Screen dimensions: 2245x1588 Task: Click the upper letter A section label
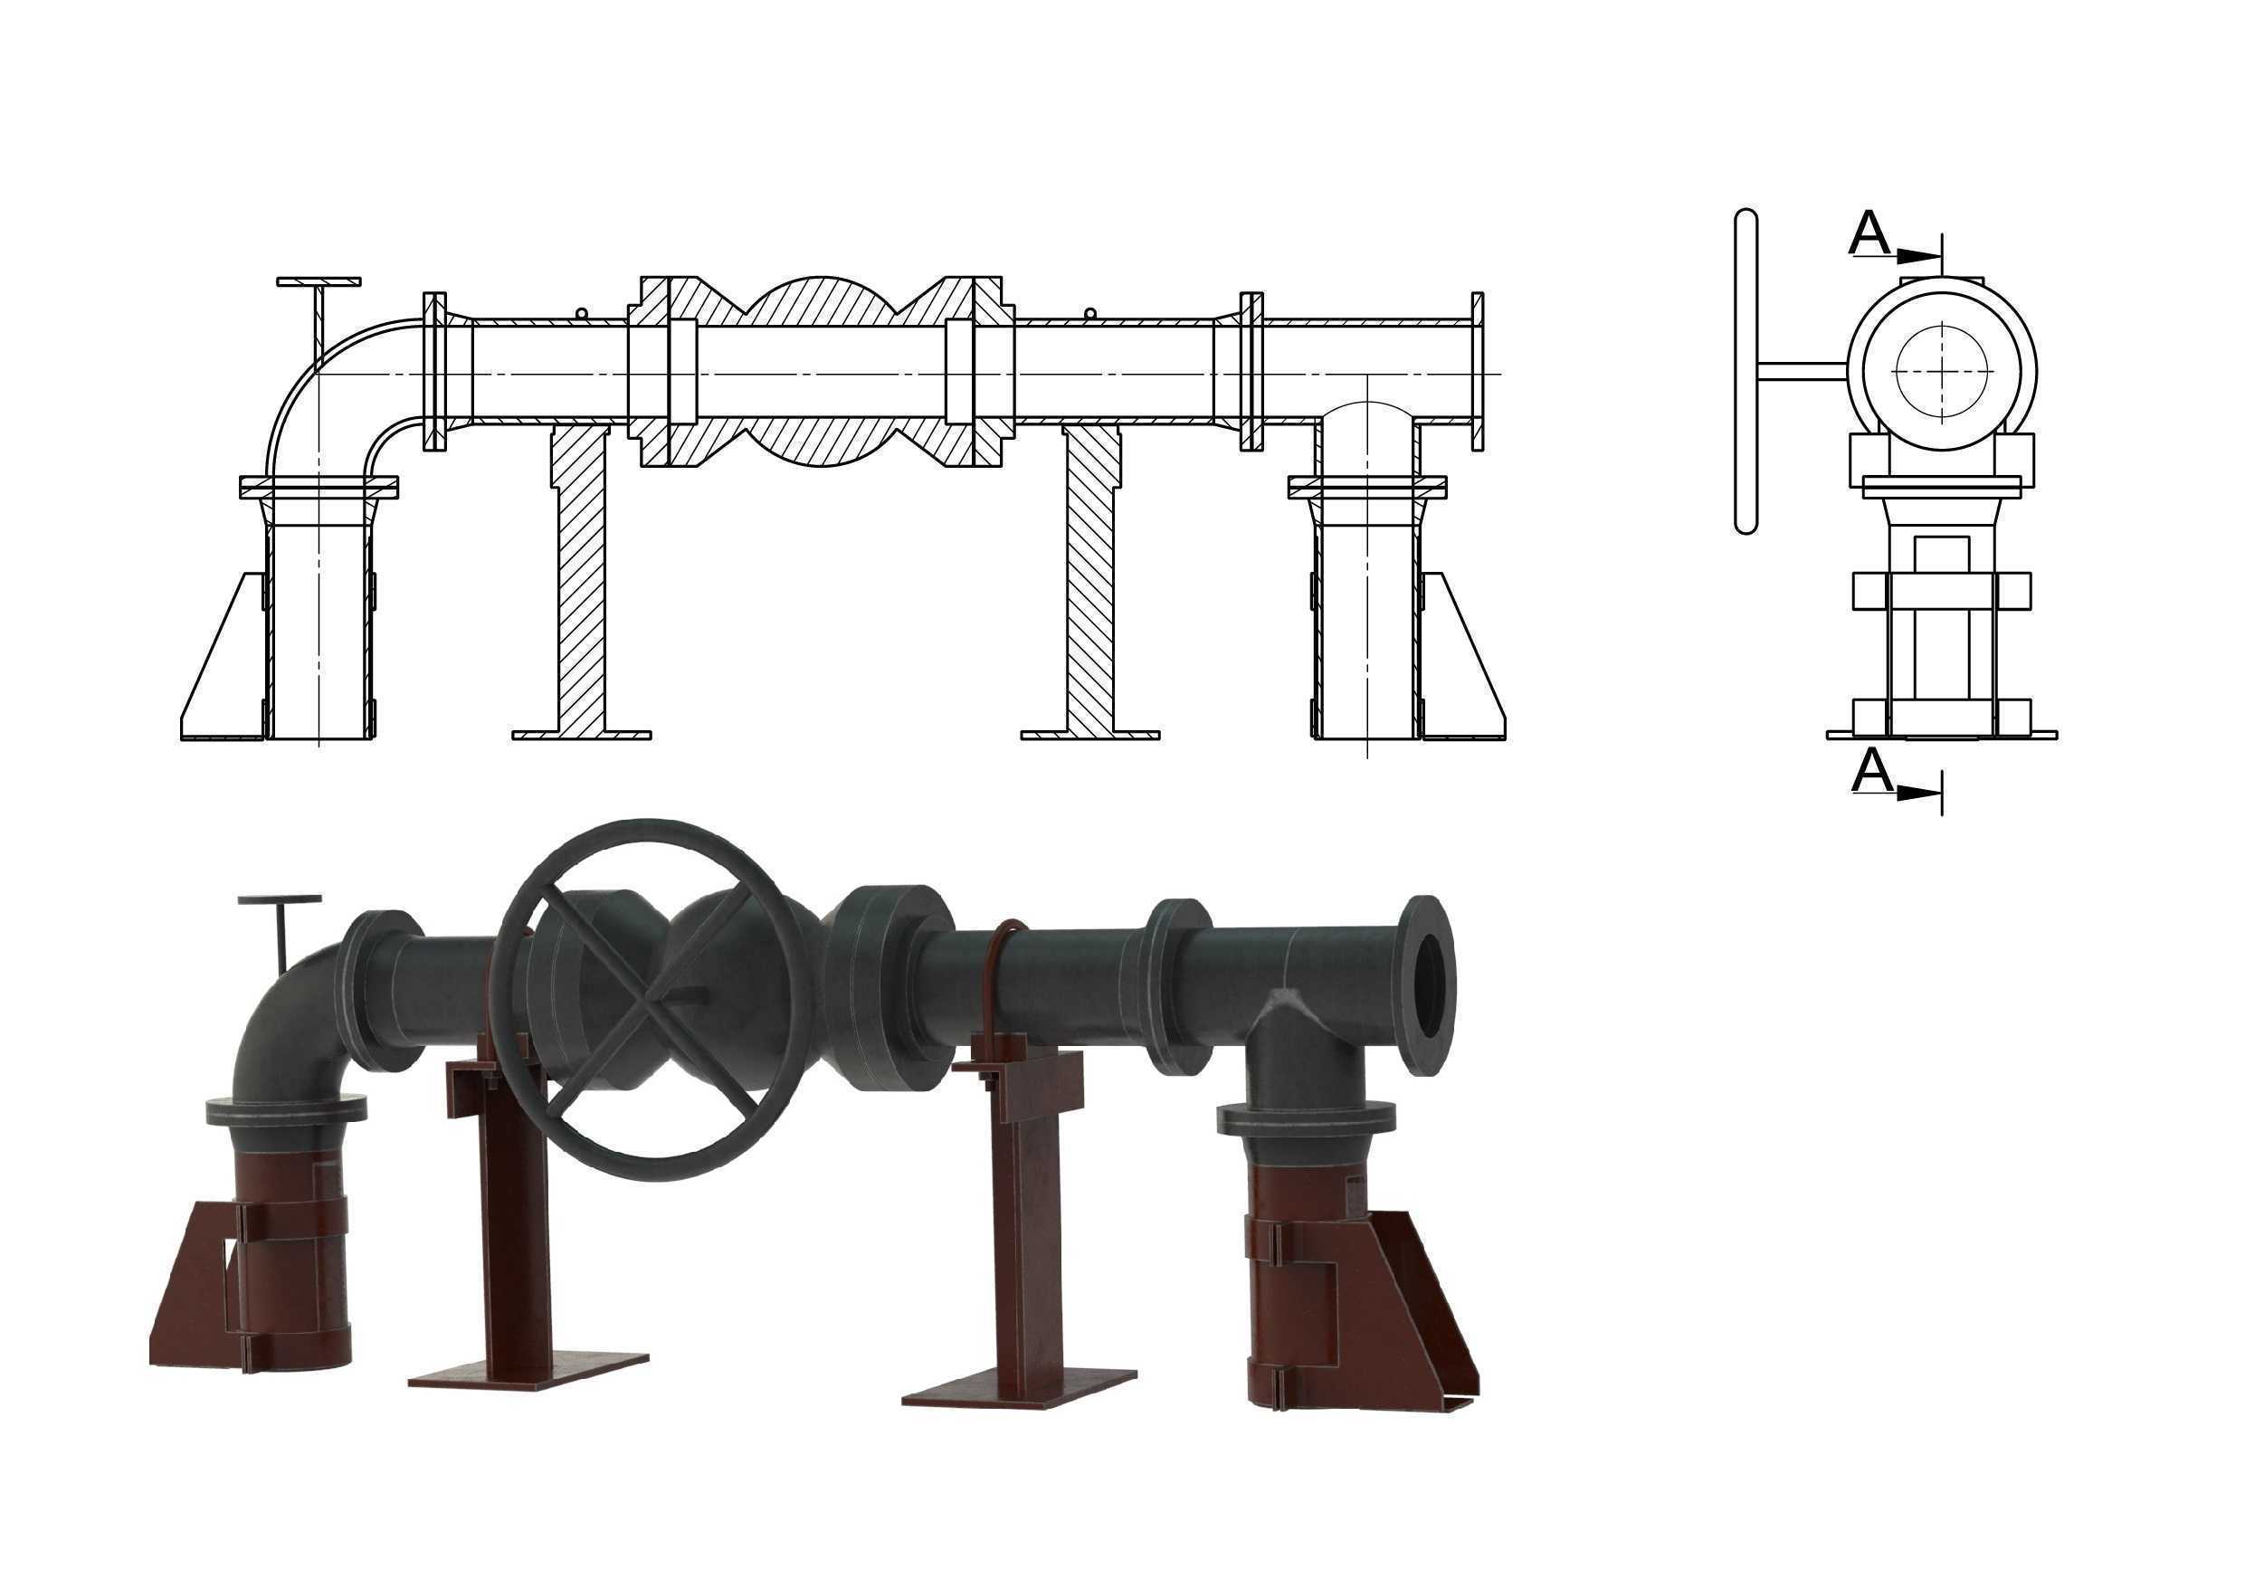[1869, 233]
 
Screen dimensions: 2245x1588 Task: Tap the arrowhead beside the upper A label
[1917, 256]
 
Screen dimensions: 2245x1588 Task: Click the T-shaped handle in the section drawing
[319, 319]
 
